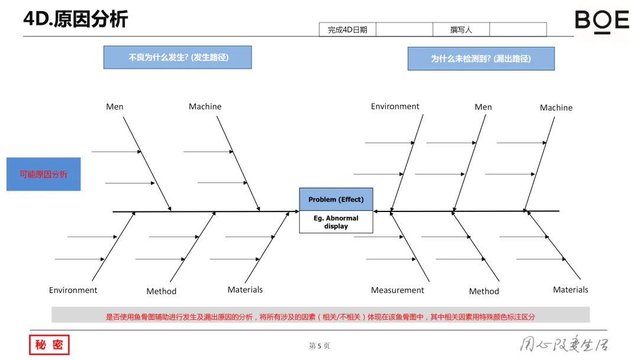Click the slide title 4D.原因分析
75,19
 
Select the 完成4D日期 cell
347,30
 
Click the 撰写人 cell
461,30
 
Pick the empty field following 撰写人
518,30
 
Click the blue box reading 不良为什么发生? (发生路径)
177,57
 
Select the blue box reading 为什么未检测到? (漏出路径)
480,59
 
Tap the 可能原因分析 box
43,174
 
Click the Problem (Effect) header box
336,200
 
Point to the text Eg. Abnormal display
336,222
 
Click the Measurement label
397,290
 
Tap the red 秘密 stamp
49,345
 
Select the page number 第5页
319,346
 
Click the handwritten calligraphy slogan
563,345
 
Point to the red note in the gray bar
320,317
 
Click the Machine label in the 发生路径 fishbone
205,107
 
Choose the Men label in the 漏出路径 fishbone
483,107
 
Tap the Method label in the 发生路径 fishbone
161,291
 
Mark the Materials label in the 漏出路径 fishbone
570,290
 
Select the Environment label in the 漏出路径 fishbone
395,107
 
